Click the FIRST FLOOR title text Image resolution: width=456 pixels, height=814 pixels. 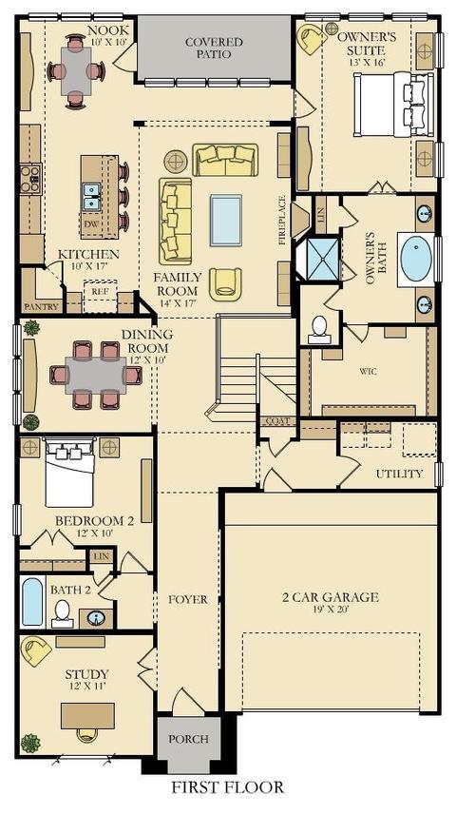[228, 787]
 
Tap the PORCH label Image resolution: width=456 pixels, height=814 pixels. [189, 738]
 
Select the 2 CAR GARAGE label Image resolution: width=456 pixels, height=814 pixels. [331, 597]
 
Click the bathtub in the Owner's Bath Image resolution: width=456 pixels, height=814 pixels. [416, 259]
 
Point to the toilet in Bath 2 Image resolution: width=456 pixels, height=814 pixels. [63, 613]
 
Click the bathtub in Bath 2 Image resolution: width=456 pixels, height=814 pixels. [32, 602]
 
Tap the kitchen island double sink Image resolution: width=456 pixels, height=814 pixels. [91, 197]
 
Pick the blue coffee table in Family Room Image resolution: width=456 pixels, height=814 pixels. [226, 220]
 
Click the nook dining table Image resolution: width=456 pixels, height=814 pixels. [76, 70]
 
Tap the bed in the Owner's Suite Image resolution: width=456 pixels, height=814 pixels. [393, 105]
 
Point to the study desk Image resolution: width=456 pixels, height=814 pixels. [87, 716]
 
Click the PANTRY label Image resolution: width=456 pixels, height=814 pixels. [41, 306]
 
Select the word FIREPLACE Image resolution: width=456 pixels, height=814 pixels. [283, 220]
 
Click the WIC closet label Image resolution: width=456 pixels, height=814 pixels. [368, 371]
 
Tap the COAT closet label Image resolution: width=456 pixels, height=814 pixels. [277, 421]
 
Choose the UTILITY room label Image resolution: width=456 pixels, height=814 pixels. [399, 474]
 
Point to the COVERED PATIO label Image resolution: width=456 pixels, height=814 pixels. [214, 48]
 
